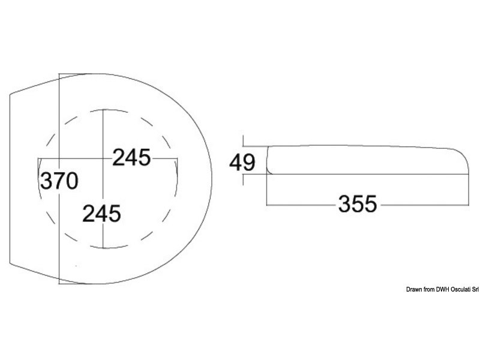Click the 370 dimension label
tap(59, 181)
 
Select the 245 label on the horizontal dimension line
tap(131, 157)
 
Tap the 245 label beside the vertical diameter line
tap(102, 214)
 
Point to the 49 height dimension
tap(242, 162)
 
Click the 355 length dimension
tap(358, 204)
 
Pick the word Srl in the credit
tap(475, 289)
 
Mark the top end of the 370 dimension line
tap(59, 74)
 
